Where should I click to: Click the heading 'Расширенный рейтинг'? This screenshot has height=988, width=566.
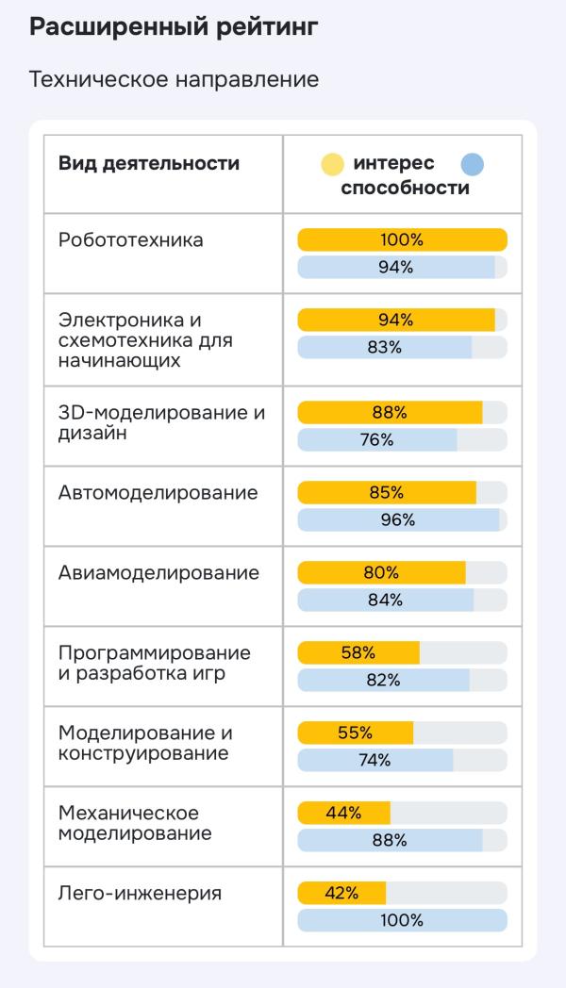[174, 27]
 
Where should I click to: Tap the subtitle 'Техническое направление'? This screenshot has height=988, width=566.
[174, 80]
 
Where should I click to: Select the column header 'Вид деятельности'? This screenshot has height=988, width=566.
[149, 163]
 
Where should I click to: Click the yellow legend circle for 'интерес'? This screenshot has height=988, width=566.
[333, 164]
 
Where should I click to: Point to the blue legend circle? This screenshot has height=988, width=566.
[473, 164]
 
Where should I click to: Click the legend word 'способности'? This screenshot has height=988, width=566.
[405, 188]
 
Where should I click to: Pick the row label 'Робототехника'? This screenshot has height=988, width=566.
[131, 239]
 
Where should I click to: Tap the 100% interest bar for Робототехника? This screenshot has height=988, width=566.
[402, 239]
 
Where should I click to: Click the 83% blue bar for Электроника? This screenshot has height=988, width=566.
[385, 347]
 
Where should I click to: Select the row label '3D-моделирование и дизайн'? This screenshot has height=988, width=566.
[161, 423]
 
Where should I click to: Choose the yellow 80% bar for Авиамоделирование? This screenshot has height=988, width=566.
[381, 572]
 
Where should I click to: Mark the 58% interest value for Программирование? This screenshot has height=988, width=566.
[358, 652]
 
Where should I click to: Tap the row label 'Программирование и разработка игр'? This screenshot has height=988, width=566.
[155, 664]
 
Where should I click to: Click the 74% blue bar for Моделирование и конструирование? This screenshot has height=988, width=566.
[375, 760]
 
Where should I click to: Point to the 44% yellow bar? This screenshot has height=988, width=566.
[344, 813]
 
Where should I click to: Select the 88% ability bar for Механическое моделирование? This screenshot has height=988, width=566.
[390, 840]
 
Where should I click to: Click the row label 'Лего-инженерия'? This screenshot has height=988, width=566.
[140, 893]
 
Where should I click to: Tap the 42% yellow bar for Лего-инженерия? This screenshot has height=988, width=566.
[341, 893]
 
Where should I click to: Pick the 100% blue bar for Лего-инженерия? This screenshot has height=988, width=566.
[402, 920]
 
